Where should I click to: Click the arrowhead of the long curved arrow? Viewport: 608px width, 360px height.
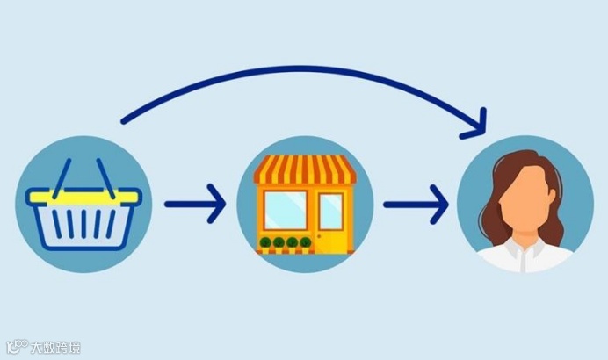click(476, 124)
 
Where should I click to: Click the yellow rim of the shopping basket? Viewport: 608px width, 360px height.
click(84, 196)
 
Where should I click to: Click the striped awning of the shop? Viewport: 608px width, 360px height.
click(304, 169)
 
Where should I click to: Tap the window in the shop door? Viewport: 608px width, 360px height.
click(330, 211)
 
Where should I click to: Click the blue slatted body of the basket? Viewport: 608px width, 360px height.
click(84, 224)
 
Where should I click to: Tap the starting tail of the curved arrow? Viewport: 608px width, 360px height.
click(123, 119)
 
